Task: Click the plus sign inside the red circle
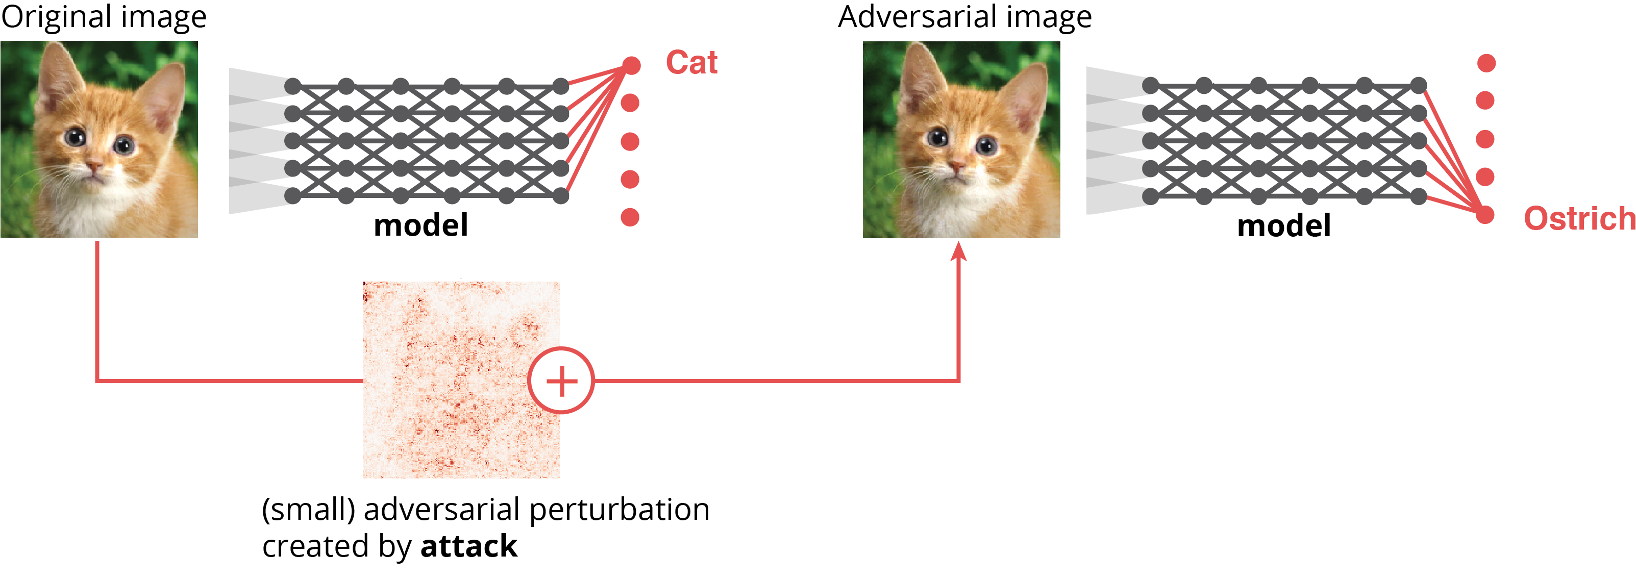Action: [x=561, y=382]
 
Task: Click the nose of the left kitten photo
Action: [x=93, y=166]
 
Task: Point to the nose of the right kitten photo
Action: [x=956, y=166]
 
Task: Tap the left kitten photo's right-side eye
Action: [x=124, y=146]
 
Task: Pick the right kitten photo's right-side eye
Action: [x=986, y=146]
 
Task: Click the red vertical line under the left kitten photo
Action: [x=96, y=311]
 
